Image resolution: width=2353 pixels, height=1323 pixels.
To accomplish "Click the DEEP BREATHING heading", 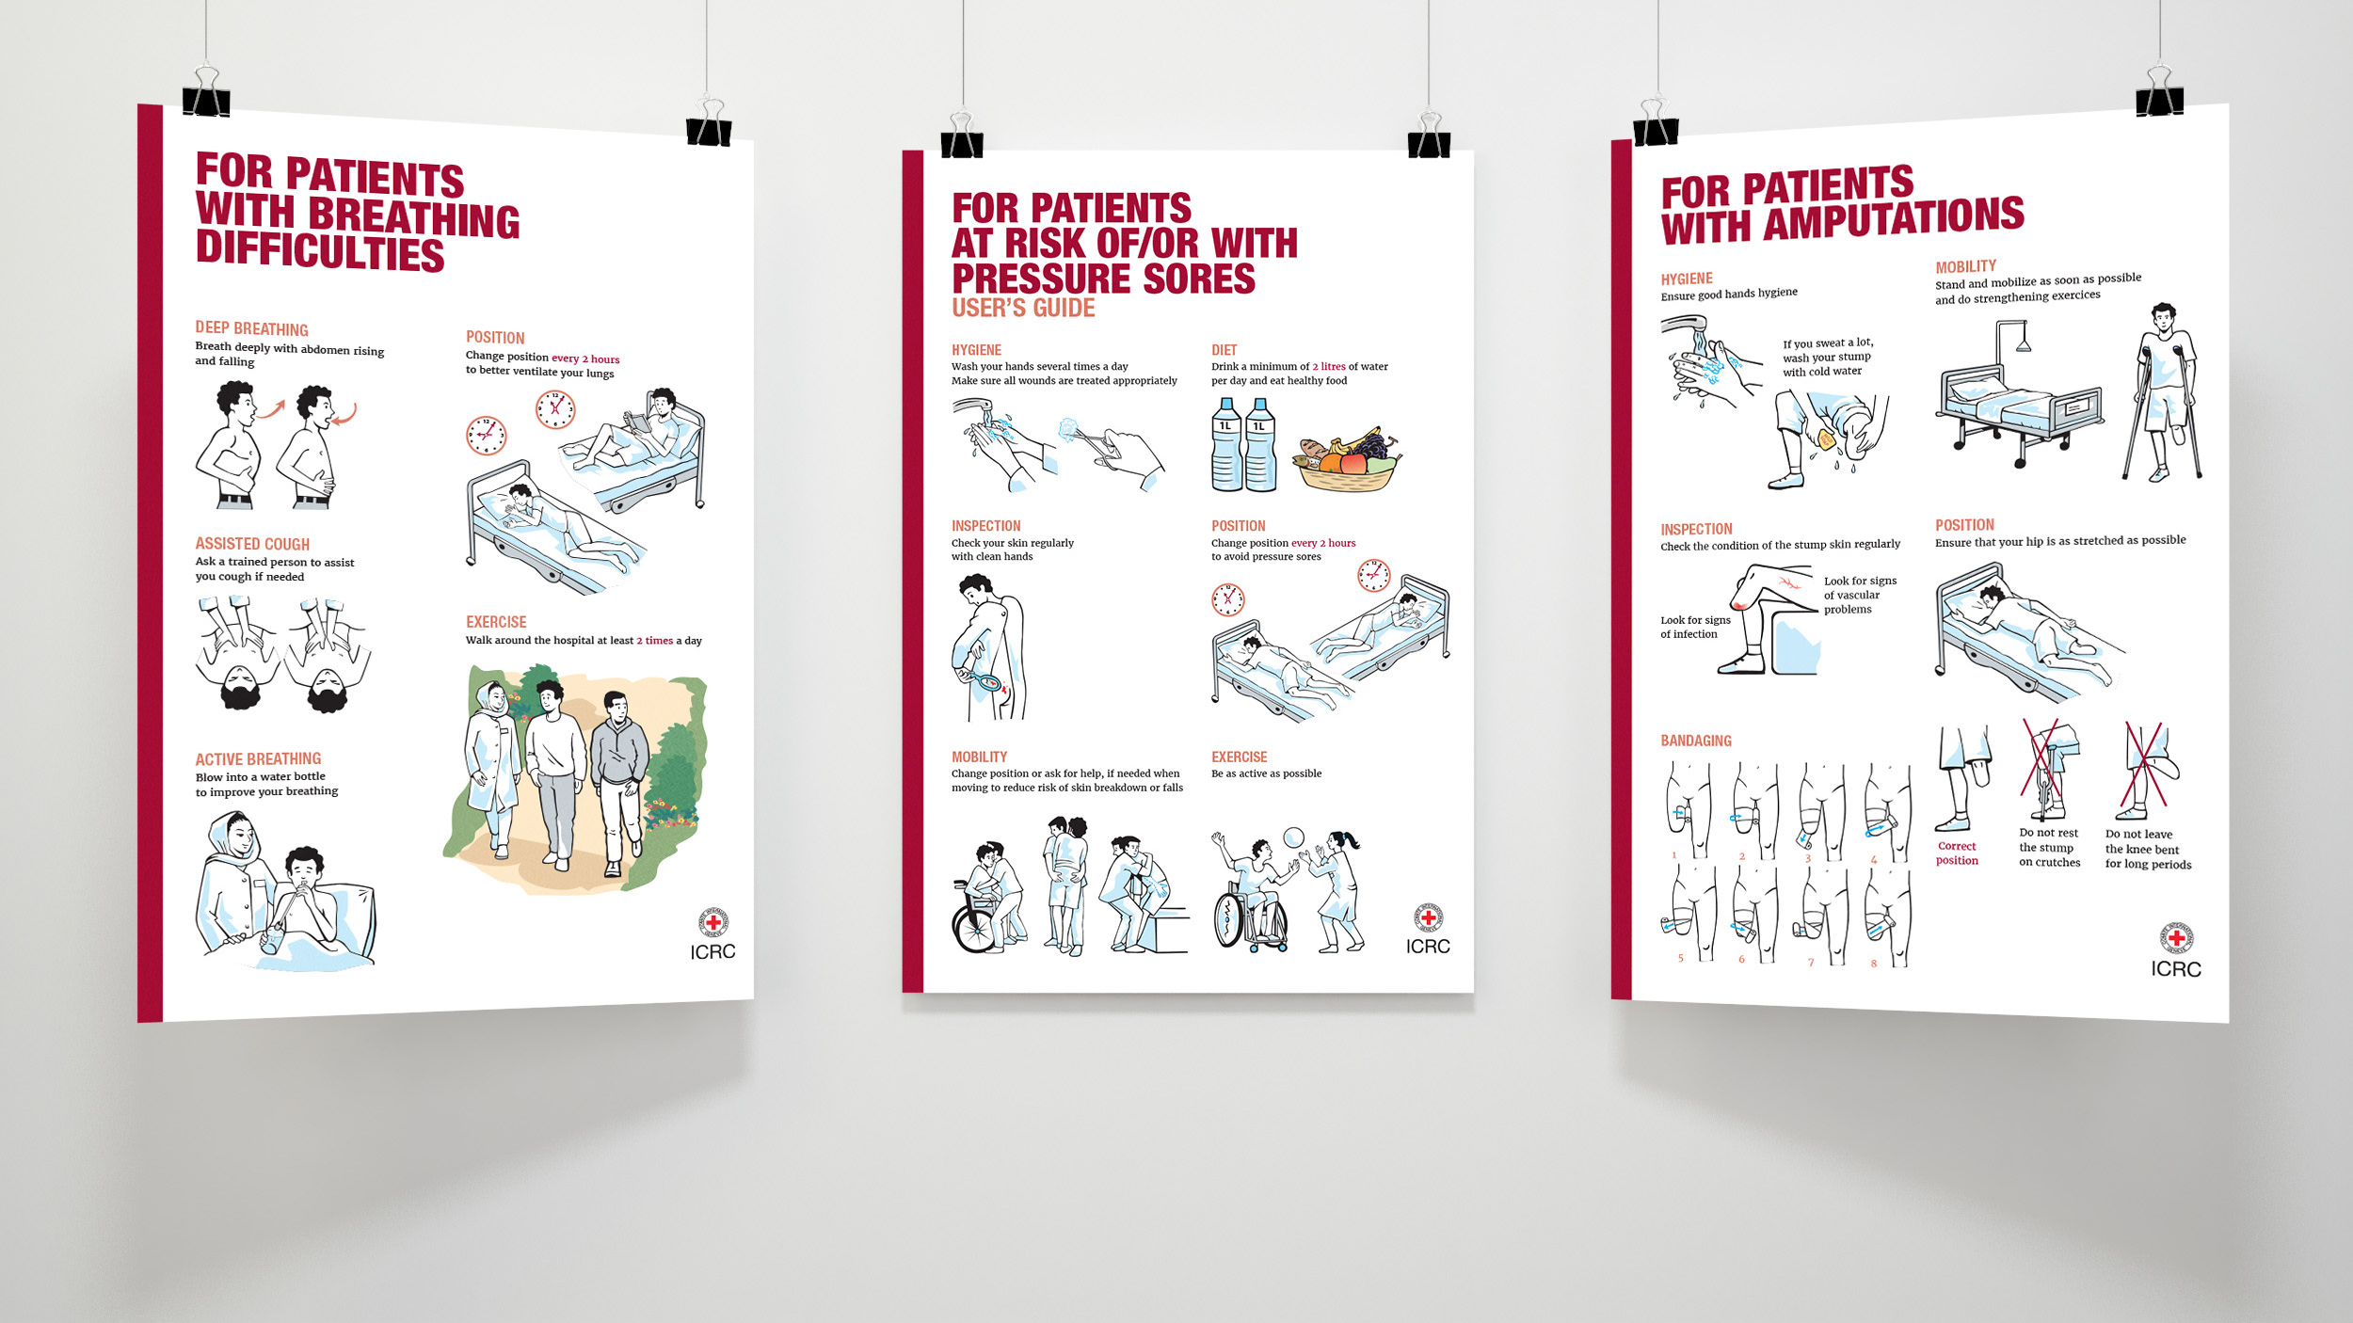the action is (x=251, y=328).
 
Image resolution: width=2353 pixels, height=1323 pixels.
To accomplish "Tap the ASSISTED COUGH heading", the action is (x=252, y=544).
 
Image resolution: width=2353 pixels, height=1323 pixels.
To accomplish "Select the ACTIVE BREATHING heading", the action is (x=258, y=759).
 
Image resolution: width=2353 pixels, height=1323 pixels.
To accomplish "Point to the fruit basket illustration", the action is (x=1346, y=460).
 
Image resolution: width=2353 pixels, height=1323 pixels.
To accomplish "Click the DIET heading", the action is (x=1224, y=350).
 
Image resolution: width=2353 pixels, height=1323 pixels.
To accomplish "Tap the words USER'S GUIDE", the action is (x=1023, y=308).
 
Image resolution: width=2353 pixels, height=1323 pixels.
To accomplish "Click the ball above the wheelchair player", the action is (x=1293, y=837).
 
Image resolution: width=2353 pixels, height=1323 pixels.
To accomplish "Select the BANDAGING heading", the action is (x=1696, y=741).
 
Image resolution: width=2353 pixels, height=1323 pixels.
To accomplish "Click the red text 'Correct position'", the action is (x=1957, y=853).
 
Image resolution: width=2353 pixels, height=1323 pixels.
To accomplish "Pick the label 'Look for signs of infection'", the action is (x=1695, y=627).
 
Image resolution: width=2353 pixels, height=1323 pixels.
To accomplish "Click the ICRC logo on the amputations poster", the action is (x=2176, y=950).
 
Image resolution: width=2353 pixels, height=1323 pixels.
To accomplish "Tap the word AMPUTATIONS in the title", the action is (x=1894, y=219).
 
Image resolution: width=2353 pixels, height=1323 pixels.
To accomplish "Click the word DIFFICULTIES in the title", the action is (x=320, y=251).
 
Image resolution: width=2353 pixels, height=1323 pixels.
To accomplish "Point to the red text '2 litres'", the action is (x=1329, y=367).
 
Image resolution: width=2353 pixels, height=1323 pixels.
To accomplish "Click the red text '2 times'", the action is (x=654, y=641).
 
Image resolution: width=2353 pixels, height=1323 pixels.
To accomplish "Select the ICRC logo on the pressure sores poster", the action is (x=1428, y=930).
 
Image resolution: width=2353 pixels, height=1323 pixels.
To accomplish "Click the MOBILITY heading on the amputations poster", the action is (x=1965, y=267).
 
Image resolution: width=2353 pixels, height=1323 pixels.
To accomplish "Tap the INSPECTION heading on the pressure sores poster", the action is (x=985, y=526).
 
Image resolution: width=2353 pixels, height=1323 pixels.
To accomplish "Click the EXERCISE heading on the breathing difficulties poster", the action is (x=496, y=622).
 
